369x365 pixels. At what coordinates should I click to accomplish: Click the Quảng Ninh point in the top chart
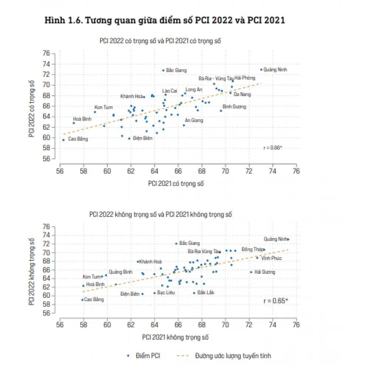[x=261, y=69]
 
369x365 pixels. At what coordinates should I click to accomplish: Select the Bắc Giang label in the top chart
[x=176, y=70]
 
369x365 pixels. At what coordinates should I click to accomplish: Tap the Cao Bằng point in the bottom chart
[x=82, y=300]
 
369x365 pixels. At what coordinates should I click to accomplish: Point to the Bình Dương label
[x=234, y=107]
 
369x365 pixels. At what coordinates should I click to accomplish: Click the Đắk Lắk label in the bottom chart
[x=206, y=292]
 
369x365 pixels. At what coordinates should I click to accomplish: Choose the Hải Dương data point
[x=251, y=272]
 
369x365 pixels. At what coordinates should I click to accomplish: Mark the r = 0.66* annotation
[x=273, y=148]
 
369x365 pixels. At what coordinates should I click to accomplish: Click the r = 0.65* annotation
[x=276, y=301]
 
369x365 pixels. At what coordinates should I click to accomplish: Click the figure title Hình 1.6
[x=165, y=21]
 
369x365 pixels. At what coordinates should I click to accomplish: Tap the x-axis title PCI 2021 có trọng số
[x=176, y=183]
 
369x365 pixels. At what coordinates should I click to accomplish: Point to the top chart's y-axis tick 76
[x=46, y=53]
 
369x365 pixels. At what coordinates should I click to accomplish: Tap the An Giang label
[x=194, y=120]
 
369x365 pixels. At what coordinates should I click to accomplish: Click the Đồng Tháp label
[x=252, y=249]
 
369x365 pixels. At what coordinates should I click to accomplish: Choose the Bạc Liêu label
[x=166, y=293]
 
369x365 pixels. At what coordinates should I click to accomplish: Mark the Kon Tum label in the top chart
[x=103, y=107]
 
